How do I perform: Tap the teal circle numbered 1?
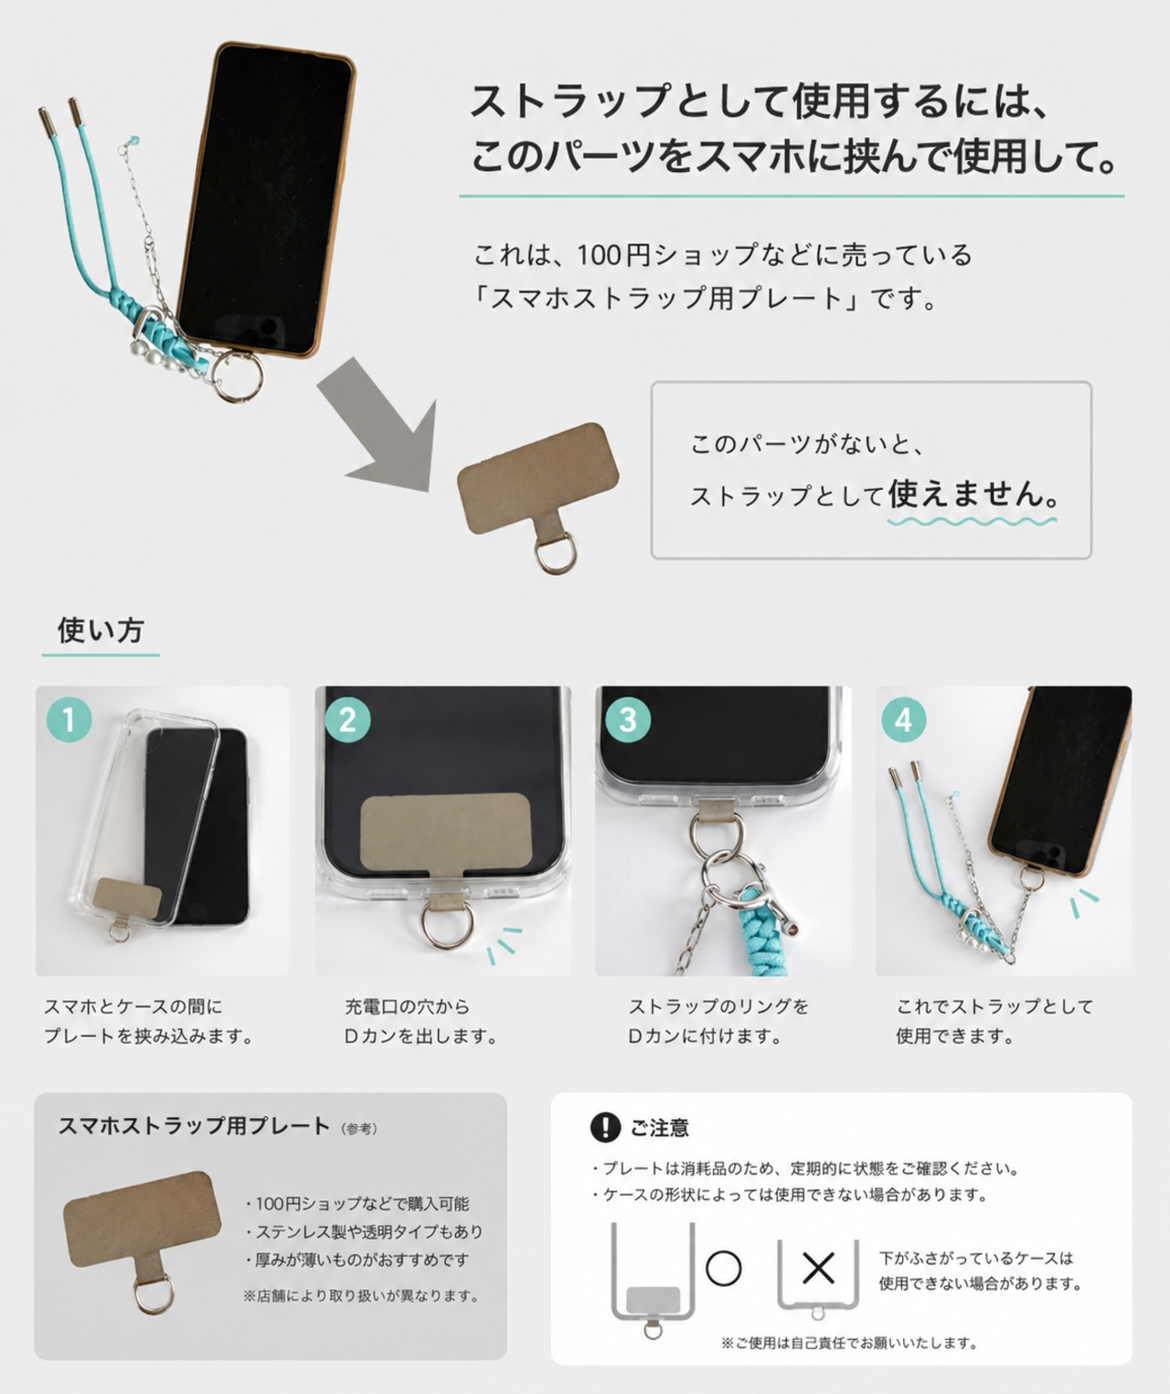point(69,719)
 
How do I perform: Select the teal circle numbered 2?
point(348,719)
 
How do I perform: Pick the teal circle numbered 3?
point(628,719)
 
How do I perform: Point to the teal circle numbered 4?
point(904,719)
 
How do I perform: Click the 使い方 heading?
point(101,630)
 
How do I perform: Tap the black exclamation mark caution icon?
point(606,1127)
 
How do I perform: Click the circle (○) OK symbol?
point(723,1268)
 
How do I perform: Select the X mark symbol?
point(818,1268)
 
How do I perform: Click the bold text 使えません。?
point(973,494)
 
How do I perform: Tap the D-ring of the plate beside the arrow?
point(554,553)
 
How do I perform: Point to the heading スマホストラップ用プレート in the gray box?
point(195,1126)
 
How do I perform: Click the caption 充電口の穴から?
point(408,1006)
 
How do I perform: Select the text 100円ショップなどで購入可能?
point(362,1204)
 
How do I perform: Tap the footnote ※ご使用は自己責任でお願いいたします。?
point(849,1343)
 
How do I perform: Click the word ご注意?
point(659,1128)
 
